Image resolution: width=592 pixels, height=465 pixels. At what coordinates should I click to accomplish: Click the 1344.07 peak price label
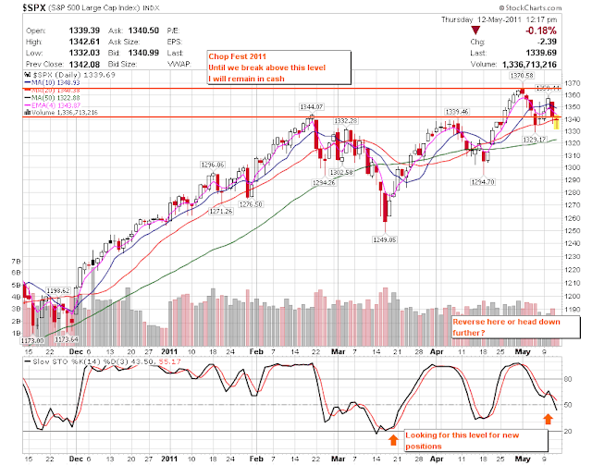(310, 107)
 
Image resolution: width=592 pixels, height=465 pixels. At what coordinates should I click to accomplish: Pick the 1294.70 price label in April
(484, 181)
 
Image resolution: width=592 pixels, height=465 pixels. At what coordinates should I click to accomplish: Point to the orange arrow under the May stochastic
(548, 419)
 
